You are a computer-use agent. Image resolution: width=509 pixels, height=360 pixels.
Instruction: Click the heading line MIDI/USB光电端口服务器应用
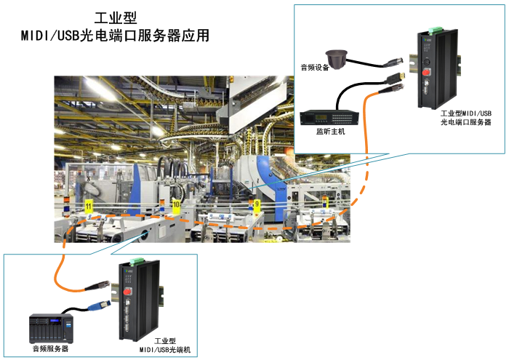point(116,35)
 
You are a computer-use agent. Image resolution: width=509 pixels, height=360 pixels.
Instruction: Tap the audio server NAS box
point(49,328)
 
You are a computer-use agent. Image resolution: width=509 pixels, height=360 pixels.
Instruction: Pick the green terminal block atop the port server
point(433,30)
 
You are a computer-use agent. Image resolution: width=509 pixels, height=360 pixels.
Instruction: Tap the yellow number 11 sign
point(88,208)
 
